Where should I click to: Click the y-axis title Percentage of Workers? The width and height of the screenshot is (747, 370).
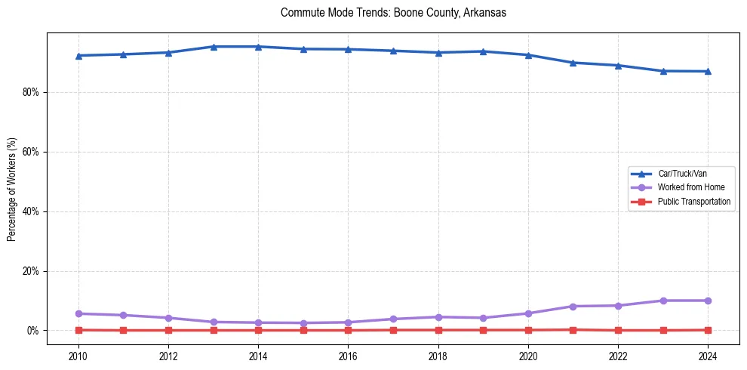(x=12, y=189)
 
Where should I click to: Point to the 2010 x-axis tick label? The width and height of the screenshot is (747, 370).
(x=78, y=355)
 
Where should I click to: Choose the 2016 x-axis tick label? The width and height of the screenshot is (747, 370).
(x=348, y=355)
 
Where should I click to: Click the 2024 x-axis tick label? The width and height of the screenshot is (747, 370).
(x=708, y=355)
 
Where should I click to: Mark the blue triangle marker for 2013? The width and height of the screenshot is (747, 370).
(x=214, y=47)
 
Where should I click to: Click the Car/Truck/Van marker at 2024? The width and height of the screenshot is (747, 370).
(x=708, y=71)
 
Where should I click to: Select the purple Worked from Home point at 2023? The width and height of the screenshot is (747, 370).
(x=663, y=301)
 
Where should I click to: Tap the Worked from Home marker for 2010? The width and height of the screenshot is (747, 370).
(x=78, y=313)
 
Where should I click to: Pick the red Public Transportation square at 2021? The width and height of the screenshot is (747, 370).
(x=573, y=329)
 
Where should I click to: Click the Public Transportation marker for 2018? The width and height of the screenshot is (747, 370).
(x=438, y=330)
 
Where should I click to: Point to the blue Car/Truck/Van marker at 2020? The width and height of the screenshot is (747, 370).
(x=528, y=55)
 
